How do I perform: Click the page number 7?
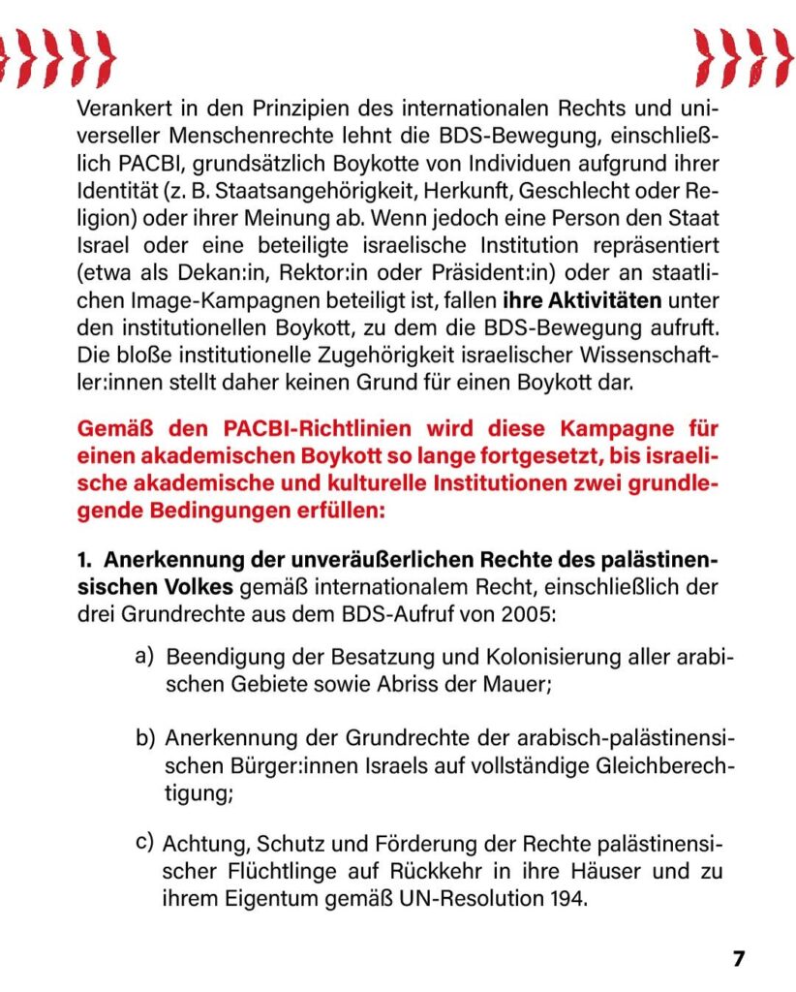(739, 958)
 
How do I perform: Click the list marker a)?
(145, 657)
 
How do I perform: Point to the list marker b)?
(145, 741)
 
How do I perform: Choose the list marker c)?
(145, 842)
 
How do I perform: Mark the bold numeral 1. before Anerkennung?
(84, 560)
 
